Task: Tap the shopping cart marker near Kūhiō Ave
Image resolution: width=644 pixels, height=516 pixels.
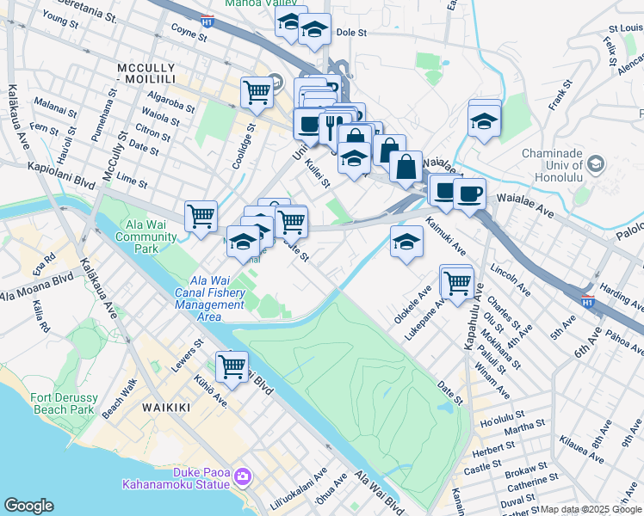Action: point(232,365)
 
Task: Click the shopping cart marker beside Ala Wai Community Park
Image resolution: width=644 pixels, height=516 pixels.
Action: point(201,215)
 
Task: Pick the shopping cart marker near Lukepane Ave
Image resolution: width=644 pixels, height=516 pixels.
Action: point(457,279)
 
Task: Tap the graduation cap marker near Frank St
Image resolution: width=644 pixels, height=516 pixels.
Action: point(485,120)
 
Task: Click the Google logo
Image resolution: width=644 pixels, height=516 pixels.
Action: point(28,506)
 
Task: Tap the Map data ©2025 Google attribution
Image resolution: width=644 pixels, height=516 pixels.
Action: point(591,509)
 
